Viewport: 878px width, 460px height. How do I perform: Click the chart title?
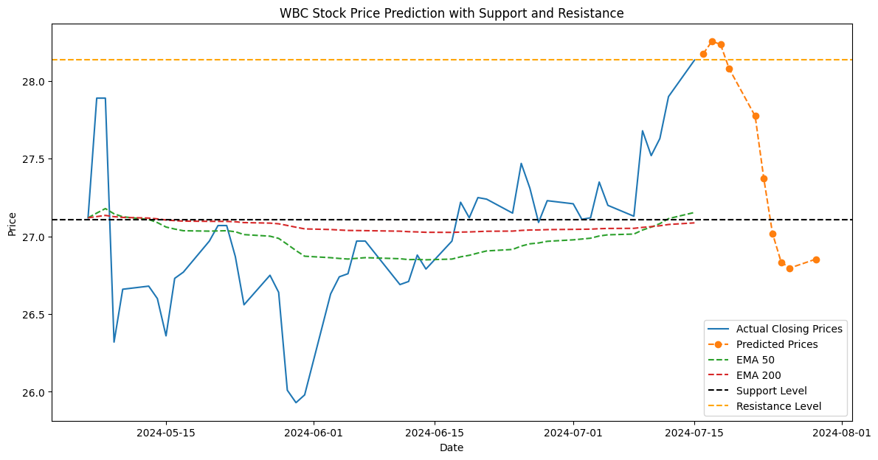(451, 13)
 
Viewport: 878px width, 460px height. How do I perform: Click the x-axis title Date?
(451, 447)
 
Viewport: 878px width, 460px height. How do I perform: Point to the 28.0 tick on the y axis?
(35, 81)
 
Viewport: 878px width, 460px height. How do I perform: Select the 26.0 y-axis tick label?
(35, 392)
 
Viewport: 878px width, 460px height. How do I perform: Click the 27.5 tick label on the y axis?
(35, 159)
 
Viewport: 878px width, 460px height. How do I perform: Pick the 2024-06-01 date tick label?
(314, 433)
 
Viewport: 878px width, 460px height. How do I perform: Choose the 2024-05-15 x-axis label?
(165, 433)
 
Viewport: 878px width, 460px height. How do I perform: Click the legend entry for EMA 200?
(760, 375)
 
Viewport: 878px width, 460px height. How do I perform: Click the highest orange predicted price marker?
(712, 42)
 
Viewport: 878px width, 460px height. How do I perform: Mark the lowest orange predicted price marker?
(789, 268)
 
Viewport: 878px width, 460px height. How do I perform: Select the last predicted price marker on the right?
(816, 259)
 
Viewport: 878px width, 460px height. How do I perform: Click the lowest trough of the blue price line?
(296, 402)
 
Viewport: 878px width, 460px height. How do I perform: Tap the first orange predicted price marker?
(703, 54)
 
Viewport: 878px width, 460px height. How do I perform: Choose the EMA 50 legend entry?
(757, 360)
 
